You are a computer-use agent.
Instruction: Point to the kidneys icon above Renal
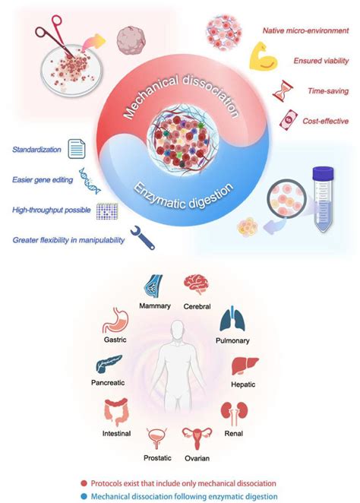233,414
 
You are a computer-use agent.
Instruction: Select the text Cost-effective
320,120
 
